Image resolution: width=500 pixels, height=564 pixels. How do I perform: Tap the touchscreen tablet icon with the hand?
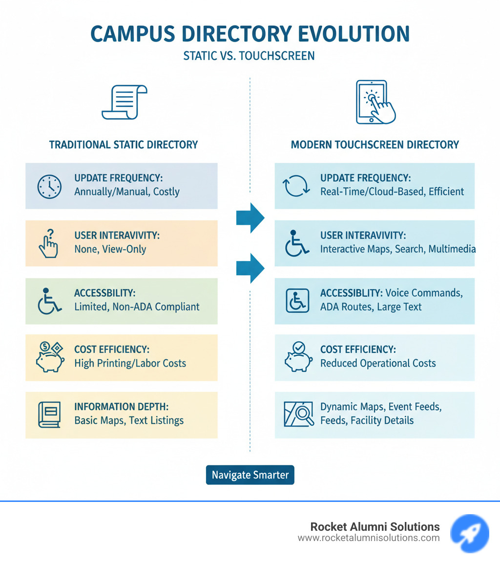click(x=375, y=102)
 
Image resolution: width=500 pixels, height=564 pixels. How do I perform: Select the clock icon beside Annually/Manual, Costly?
click(x=49, y=186)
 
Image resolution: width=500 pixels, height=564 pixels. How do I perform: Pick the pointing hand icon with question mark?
click(x=48, y=243)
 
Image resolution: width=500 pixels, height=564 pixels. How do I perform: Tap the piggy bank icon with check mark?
click(x=297, y=357)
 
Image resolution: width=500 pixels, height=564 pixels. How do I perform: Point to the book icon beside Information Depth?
click(x=49, y=415)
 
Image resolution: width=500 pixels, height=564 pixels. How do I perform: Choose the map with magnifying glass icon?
click(x=298, y=414)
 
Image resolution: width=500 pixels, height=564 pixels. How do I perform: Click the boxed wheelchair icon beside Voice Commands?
click(x=297, y=301)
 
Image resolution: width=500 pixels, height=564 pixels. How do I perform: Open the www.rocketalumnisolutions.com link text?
click(x=369, y=538)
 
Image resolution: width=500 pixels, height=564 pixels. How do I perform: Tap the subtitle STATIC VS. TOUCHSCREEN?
click(x=249, y=56)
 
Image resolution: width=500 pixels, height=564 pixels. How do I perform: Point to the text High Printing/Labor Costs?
click(x=130, y=363)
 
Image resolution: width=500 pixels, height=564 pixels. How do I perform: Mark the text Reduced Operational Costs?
click(x=378, y=363)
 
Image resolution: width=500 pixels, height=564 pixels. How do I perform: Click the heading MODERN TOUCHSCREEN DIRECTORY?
click(x=375, y=145)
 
